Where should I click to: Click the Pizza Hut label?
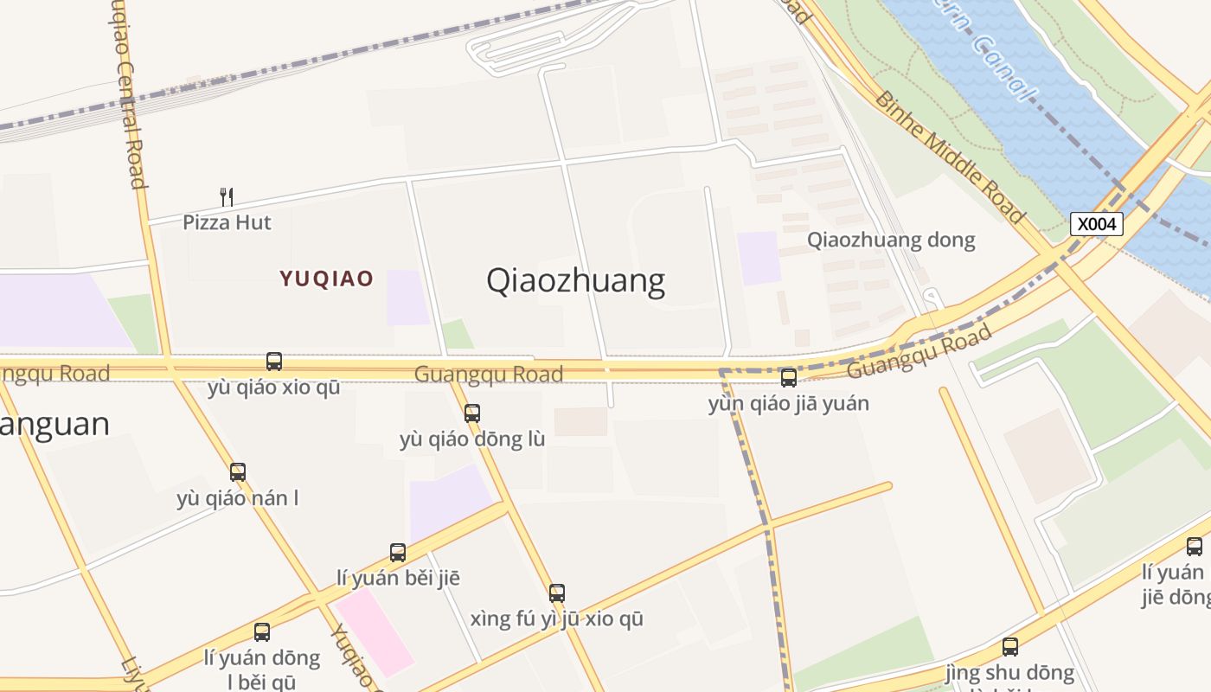[x=227, y=222]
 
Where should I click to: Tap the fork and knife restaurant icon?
[x=227, y=197]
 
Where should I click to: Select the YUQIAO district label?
[x=326, y=279]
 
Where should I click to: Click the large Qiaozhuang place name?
[x=575, y=281]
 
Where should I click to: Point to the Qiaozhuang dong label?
[x=891, y=240]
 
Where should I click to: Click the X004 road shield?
[x=1097, y=224]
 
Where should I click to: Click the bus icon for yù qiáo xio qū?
[x=274, y=362]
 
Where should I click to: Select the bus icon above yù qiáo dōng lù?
[x=472, y=413]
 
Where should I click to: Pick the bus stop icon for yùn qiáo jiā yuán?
[x=789, y=378]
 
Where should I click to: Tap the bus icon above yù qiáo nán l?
[x=238, y=472]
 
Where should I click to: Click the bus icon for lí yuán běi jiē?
[x=398, y=552]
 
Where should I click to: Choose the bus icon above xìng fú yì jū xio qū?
[x=557, y=593]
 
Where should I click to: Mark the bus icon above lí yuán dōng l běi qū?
[x=262, y=632]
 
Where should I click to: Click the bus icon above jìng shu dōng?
[x=1009, y=647]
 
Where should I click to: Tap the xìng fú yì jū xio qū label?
[x=557, y=619]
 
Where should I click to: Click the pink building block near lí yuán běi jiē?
[x=375, y=631]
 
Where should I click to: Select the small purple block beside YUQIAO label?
[x=407, y=298]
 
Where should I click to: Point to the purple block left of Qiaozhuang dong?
[x=759, y=258]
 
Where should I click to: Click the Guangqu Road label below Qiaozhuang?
[x=489, y=374]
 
